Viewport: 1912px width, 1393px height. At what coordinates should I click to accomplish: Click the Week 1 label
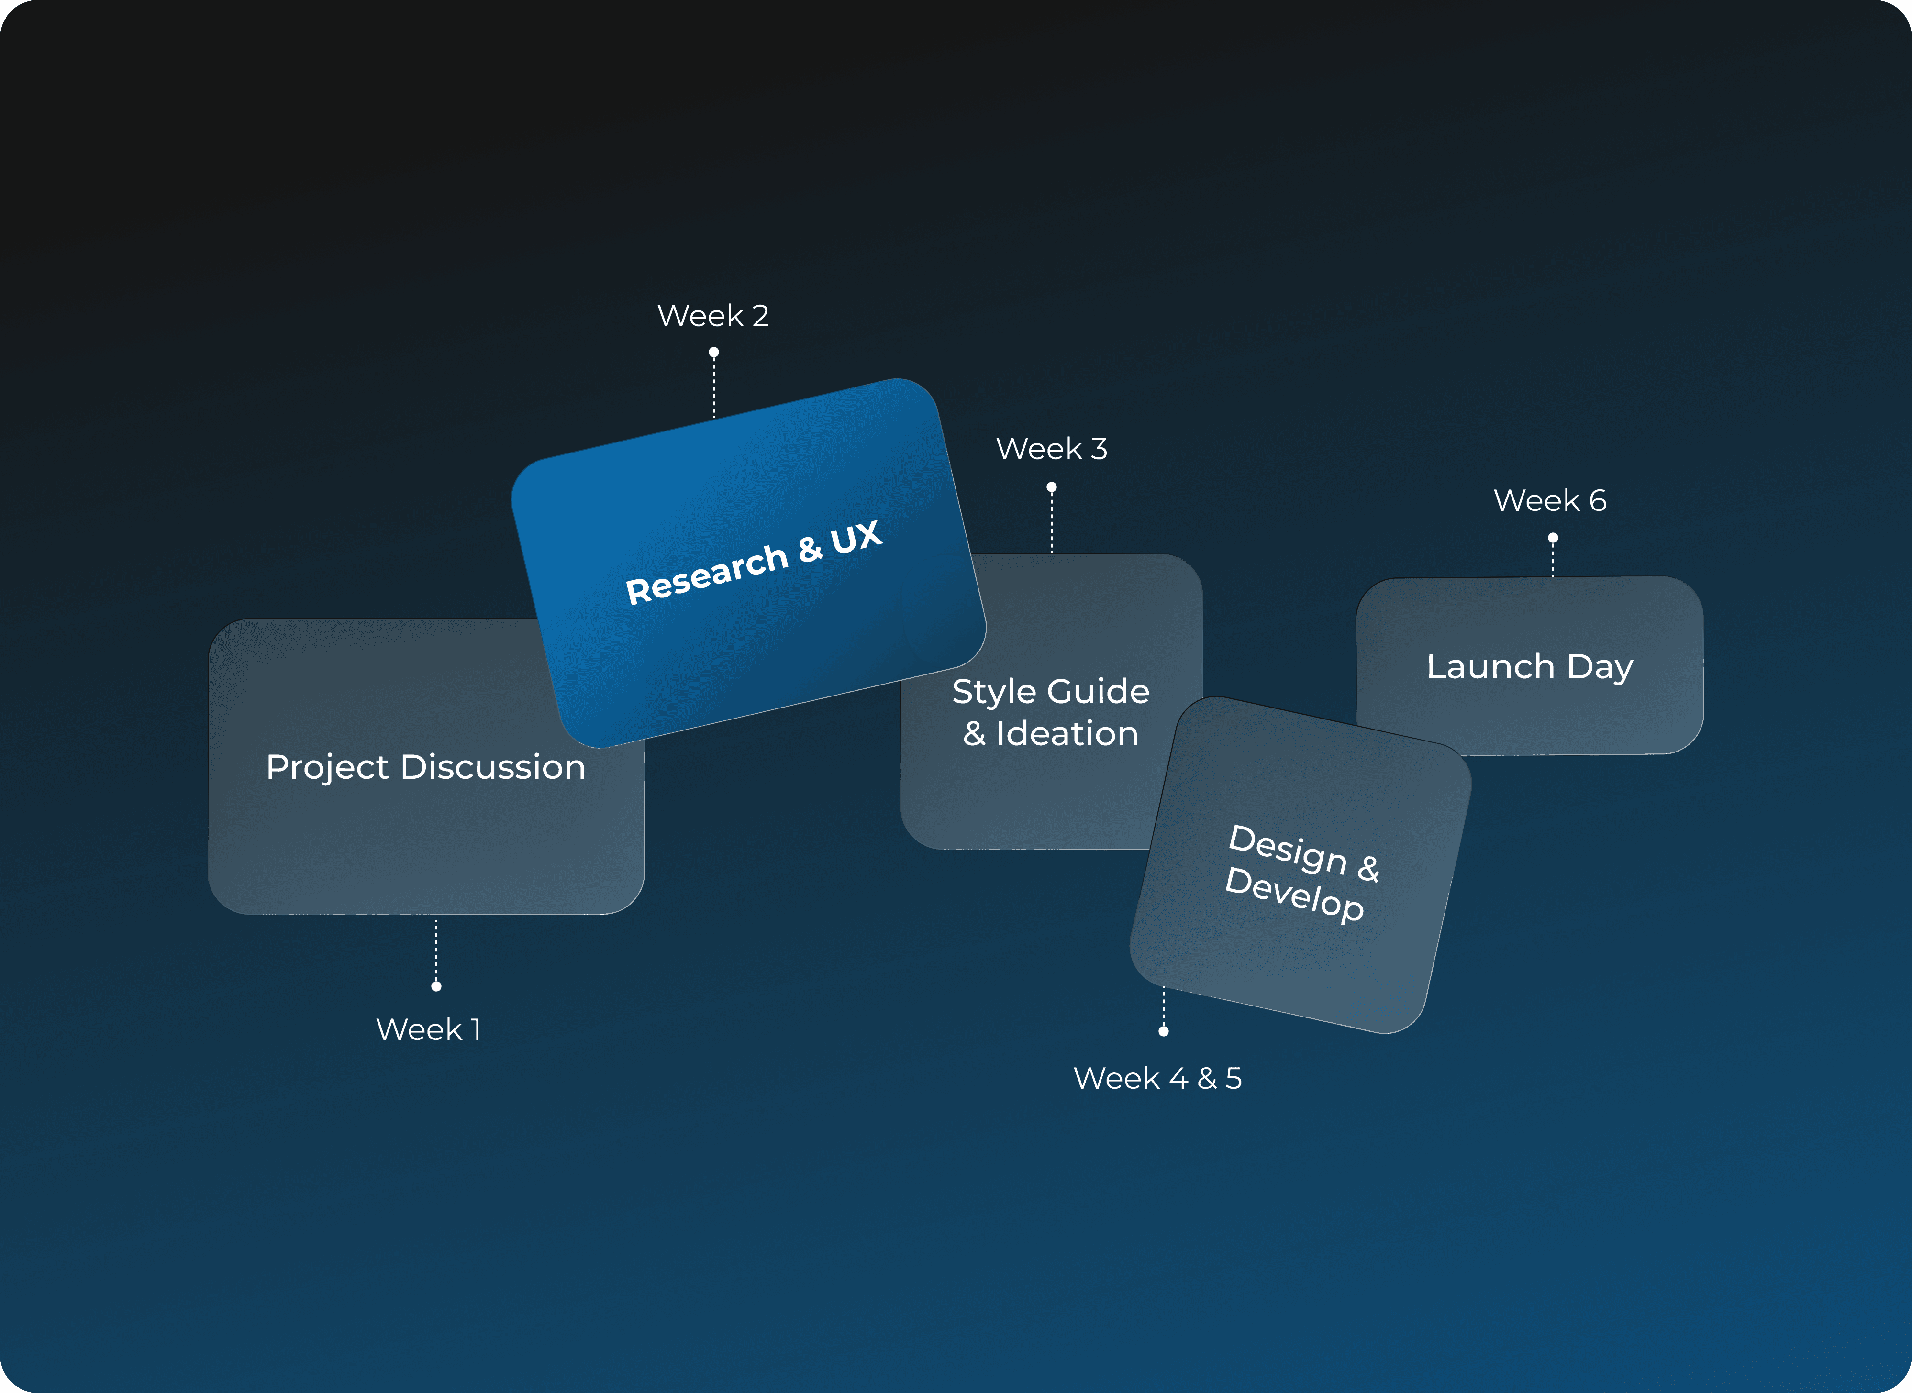coord(428,1029)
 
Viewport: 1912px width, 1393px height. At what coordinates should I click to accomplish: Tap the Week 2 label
coord(712,316)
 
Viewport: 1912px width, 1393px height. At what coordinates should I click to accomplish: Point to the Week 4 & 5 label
coord(1157,1079)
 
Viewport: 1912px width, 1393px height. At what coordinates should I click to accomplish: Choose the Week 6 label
coord(1550,501)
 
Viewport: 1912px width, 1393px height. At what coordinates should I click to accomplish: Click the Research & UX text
coord(753,563)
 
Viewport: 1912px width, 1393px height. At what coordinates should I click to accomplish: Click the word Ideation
coord(1067,734)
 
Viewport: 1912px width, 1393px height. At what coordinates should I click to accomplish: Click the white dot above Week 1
coord(436,986)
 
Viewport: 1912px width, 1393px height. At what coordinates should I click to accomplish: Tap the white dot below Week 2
coord(713,353)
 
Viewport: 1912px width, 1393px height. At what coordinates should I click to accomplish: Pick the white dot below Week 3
coord(1052,487)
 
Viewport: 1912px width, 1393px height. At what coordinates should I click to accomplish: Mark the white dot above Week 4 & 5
coord(1164,1031)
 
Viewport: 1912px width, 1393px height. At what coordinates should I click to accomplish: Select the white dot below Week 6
coord(1553,538)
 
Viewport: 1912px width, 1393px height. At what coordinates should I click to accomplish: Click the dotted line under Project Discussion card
coord(436,951)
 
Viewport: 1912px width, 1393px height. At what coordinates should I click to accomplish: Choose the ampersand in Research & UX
coord(810,549)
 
